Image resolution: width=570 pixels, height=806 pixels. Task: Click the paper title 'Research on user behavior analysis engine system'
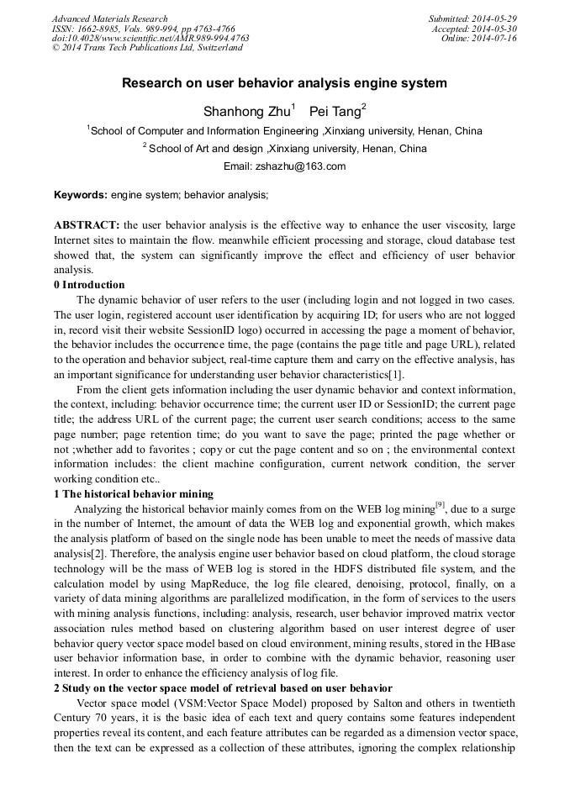point(284,83)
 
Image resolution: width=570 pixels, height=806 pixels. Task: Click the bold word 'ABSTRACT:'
point(87,225)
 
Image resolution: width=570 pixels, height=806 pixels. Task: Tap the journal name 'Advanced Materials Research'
point(110,18)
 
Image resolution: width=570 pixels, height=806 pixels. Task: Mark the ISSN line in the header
point(144,29)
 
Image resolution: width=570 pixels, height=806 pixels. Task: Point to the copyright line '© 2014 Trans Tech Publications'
point(147,48)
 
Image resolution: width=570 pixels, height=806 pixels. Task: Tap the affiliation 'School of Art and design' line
point(284,149)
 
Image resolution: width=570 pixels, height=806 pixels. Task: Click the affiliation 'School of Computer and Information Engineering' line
point(284,131)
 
